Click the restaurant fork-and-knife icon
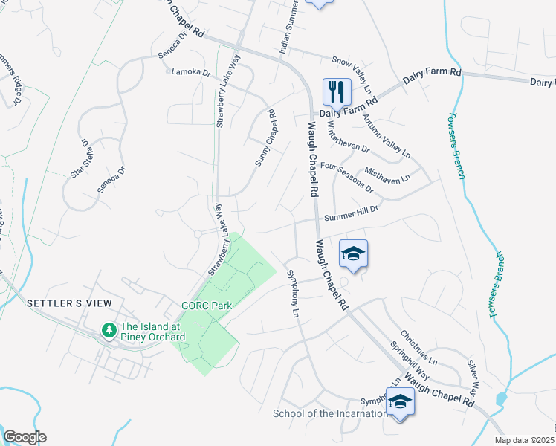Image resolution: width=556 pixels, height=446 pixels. tap(337, 92)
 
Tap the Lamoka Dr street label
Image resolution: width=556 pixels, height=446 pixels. tap(191, 74)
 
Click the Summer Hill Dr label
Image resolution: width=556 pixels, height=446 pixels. tap(352, 213)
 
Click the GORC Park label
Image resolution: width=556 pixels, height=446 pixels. tap(207, 306)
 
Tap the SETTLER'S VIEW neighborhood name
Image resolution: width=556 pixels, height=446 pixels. tap(69, 303)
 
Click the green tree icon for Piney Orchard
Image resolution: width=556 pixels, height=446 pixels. tap(109, 329)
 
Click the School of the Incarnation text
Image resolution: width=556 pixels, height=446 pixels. tap(329, 413)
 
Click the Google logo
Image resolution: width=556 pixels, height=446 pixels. tap(25, 436)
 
